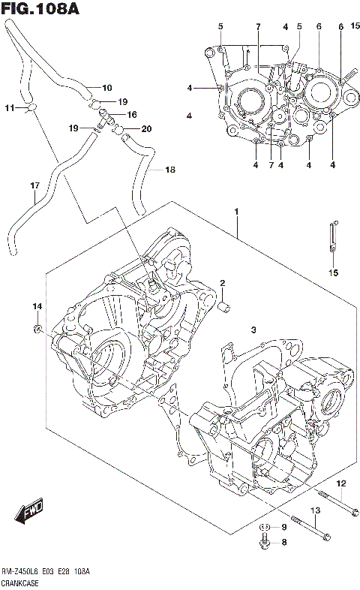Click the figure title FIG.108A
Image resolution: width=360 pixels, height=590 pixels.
click(40, 9)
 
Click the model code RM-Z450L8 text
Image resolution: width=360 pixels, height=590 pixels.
click(22, 572)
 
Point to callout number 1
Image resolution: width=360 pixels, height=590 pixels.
click(236, 212)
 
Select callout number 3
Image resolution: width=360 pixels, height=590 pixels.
click(253, 330)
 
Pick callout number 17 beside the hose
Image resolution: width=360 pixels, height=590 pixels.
click(34, 185)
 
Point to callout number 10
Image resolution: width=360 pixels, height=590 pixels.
click(106, 87)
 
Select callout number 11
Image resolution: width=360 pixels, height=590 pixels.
click(9, 108)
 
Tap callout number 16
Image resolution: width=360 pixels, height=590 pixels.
click(132, 115)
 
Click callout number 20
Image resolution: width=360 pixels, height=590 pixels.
click(146, 129)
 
